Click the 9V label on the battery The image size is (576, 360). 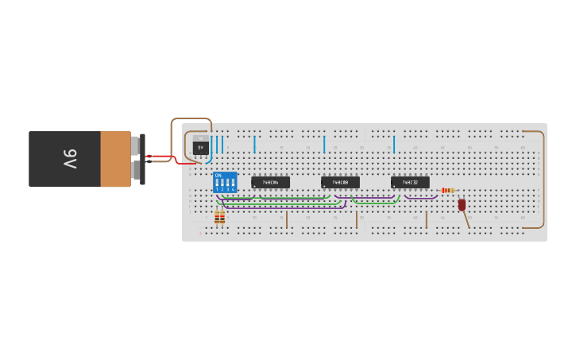71,159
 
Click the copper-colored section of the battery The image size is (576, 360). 116,159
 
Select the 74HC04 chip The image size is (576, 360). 270,182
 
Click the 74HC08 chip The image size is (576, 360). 340,182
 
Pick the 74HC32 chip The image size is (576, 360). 410,182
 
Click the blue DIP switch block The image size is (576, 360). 225,182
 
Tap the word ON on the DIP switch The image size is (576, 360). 218,176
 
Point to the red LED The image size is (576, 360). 462,204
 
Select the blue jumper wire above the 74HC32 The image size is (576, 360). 394,144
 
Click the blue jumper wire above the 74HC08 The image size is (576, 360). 324,144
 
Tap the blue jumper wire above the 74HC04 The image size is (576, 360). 254,144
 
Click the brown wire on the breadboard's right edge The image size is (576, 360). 544,179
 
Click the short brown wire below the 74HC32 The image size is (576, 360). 426,219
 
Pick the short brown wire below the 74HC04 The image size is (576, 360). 287,219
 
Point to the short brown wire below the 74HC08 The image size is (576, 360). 357,219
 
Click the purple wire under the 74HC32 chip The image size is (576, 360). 421,197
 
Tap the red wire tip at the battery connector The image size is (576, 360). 149,157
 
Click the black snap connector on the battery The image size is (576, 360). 142,159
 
